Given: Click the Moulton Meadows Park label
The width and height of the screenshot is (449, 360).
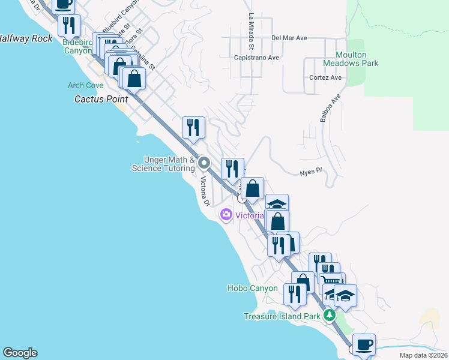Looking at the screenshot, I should click(351, 59).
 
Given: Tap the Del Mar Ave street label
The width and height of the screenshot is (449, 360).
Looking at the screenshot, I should click(289, 38).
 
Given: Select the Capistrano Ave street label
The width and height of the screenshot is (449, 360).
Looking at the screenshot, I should click(257, 58).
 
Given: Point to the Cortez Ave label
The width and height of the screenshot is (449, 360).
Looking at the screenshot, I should click(325, 77).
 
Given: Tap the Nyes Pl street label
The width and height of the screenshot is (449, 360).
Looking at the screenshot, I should click(311, 172).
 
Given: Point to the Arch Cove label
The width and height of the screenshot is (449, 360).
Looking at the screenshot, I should click(85, 86).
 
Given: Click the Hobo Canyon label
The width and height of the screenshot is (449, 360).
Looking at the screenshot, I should click(252, 288).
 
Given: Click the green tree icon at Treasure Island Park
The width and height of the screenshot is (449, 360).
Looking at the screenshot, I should click(328, 316).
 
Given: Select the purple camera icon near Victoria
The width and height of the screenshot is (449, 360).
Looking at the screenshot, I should click(226, 214).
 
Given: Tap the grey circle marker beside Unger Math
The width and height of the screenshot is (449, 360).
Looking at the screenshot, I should click(205, 163).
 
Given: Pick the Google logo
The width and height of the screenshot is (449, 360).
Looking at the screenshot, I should click(20, 353).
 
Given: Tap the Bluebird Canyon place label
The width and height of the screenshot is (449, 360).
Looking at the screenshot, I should click(77, 47).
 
